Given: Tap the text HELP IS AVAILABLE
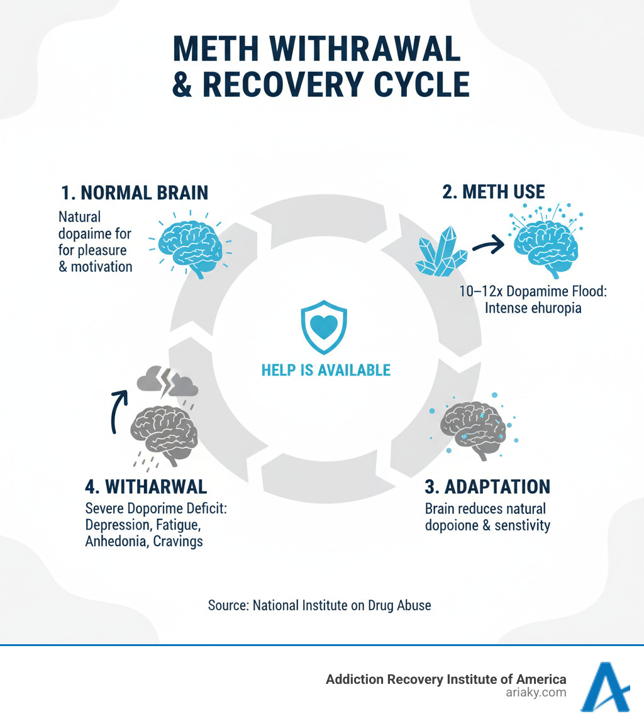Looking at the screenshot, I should click(x=325, y=369).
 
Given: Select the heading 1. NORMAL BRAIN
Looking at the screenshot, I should click(x=135, y=193).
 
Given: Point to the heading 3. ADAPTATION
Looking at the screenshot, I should click(x=488, y=486).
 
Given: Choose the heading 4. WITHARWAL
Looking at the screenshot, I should click(x=145, y=487).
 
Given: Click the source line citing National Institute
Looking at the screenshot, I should click(x=319, y=606).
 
